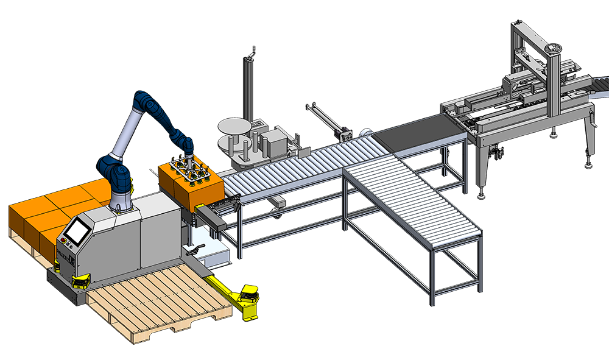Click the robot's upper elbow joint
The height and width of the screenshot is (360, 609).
tap(143, 101)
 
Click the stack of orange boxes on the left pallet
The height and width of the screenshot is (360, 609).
tap(43, 213)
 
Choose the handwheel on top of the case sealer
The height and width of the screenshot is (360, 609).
tap(555, 48)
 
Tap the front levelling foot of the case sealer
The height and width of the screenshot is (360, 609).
tap(481, 194)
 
